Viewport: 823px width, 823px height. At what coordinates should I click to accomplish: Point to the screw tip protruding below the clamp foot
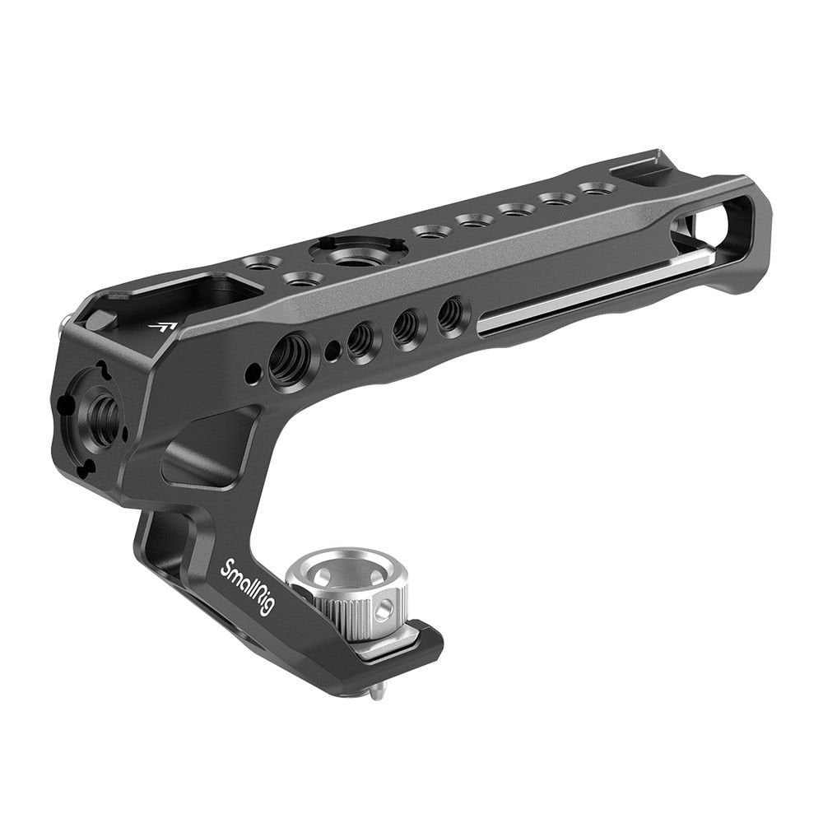374,692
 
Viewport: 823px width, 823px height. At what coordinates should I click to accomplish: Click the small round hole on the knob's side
380,611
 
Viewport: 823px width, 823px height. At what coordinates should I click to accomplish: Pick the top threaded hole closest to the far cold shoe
594,189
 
